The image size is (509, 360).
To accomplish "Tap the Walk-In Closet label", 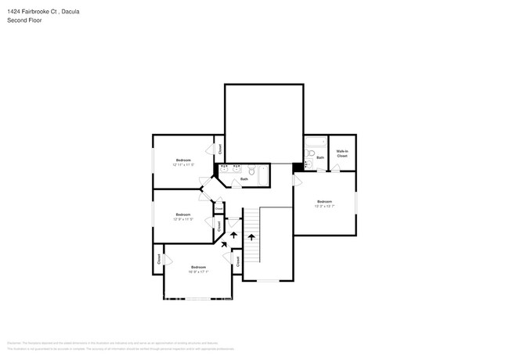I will (x=342, y=153).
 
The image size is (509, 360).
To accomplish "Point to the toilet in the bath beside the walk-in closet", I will (x=309, y=164).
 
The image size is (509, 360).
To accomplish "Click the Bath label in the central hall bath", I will (x=244, y=179).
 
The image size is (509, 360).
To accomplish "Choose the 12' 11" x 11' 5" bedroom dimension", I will (x=182, y=164).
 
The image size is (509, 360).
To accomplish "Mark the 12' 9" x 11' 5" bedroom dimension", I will (x=182, y=219).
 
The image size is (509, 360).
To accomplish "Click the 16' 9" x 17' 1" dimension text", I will (x=197, y=272).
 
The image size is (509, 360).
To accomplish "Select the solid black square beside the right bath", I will (x=298, y=166).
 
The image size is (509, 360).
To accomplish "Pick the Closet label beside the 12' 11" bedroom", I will (x=220, y=148).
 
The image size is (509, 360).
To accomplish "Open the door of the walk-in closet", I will (x=335, y=167).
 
